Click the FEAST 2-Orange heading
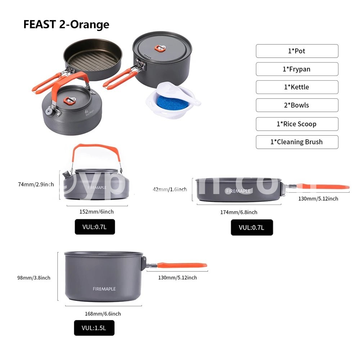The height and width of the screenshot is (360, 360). tap(66, 24)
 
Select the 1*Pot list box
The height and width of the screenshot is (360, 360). tap(297, 51)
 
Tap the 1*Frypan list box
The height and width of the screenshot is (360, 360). tap(297, 69)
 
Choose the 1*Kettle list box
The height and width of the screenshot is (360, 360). tap(297, 87)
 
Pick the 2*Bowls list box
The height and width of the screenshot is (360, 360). tap(297, 105)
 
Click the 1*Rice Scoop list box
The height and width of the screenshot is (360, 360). tap(297, 124)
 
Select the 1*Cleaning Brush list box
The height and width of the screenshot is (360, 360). tap(297, 142)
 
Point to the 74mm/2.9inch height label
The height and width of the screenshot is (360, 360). tap(36, 184)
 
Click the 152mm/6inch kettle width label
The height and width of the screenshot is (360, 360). tap(96, 212)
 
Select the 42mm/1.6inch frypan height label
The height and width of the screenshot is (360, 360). tap(170, 189)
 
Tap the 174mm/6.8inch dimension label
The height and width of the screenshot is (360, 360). tap(239, 212)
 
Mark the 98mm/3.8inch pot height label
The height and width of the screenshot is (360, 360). tap(34, 278)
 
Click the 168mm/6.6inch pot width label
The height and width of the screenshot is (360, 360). tap(103, 314)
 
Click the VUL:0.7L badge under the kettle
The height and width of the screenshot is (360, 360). tap(95, 227)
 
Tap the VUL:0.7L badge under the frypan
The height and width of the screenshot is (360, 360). tap(252, 228)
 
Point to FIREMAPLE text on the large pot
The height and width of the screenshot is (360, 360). tap(104, 289)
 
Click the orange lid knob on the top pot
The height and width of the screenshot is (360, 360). tap(159, 48)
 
